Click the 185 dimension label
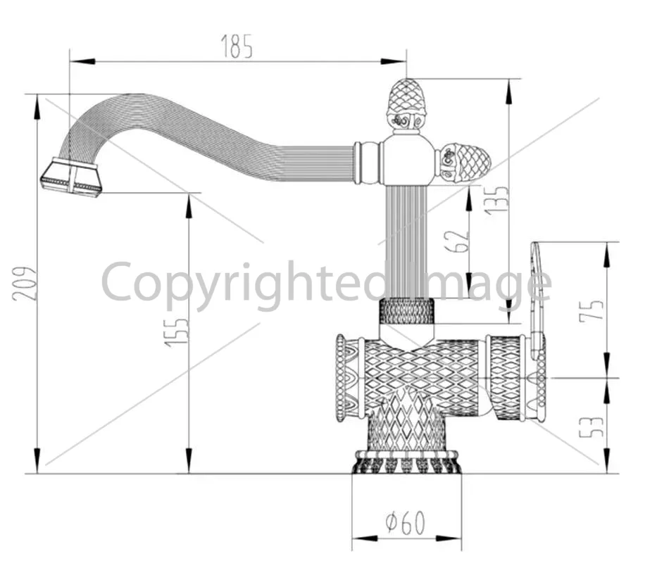(x=237, y=46)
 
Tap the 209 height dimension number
(x=25, y=284)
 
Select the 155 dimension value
(x=177, y=332)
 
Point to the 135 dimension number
(x=496, y=201)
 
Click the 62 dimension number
(x=457, y=241)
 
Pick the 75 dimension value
(x=591, y=310)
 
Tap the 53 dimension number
(x=591, y=427)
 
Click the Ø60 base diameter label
(x=405, y=523)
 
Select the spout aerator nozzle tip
(x=70, y=177)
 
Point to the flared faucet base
(x=406, y=462)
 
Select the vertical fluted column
(x=406, y=242)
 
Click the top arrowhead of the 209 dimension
(x=37, y=107)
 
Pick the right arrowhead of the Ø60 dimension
(x=449, y=539)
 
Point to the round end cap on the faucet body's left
(x=341, y=379)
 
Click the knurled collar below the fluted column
(x=406, y=311)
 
